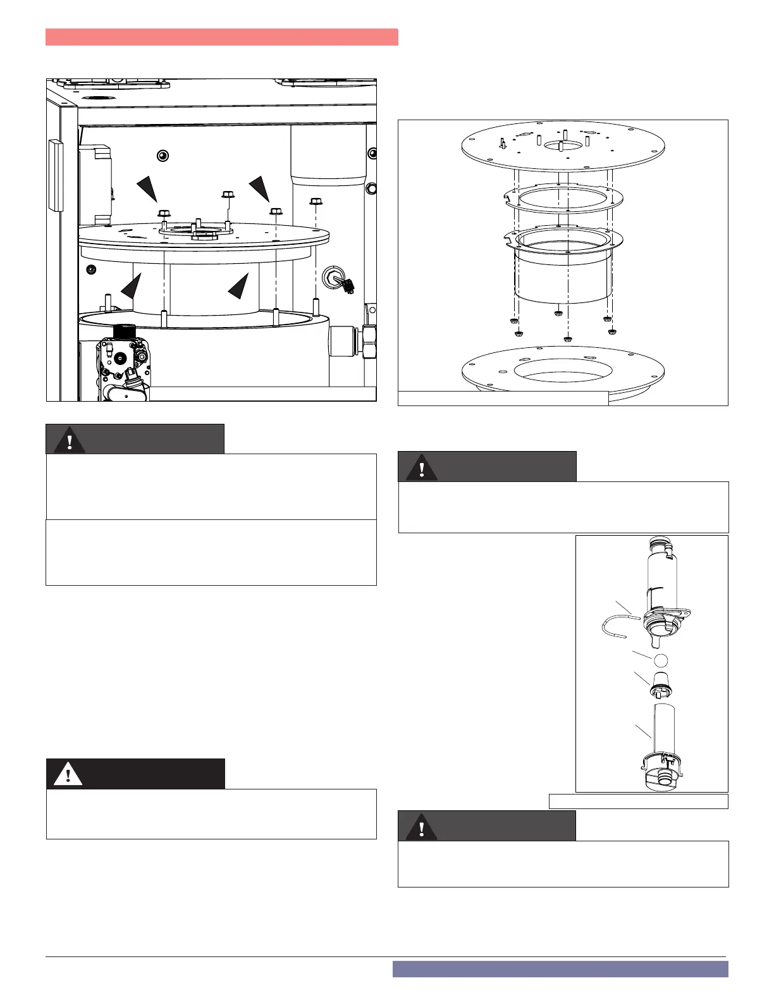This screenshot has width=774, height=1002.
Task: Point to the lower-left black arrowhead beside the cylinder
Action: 132,287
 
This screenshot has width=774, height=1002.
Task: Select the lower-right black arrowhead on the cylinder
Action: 239,287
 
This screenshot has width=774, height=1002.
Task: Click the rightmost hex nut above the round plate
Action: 316,202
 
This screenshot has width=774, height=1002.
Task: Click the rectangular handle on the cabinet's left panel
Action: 56,175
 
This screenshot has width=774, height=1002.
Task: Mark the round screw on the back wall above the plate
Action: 163,155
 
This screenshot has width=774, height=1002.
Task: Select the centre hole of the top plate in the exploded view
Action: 561,145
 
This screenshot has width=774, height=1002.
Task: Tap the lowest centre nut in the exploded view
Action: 567,340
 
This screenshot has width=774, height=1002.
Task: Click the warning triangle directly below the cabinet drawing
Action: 70,440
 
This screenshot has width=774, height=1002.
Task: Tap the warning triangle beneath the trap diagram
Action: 421,827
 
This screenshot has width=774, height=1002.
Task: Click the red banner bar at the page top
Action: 221,37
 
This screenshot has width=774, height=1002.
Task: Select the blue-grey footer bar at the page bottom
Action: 560,969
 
